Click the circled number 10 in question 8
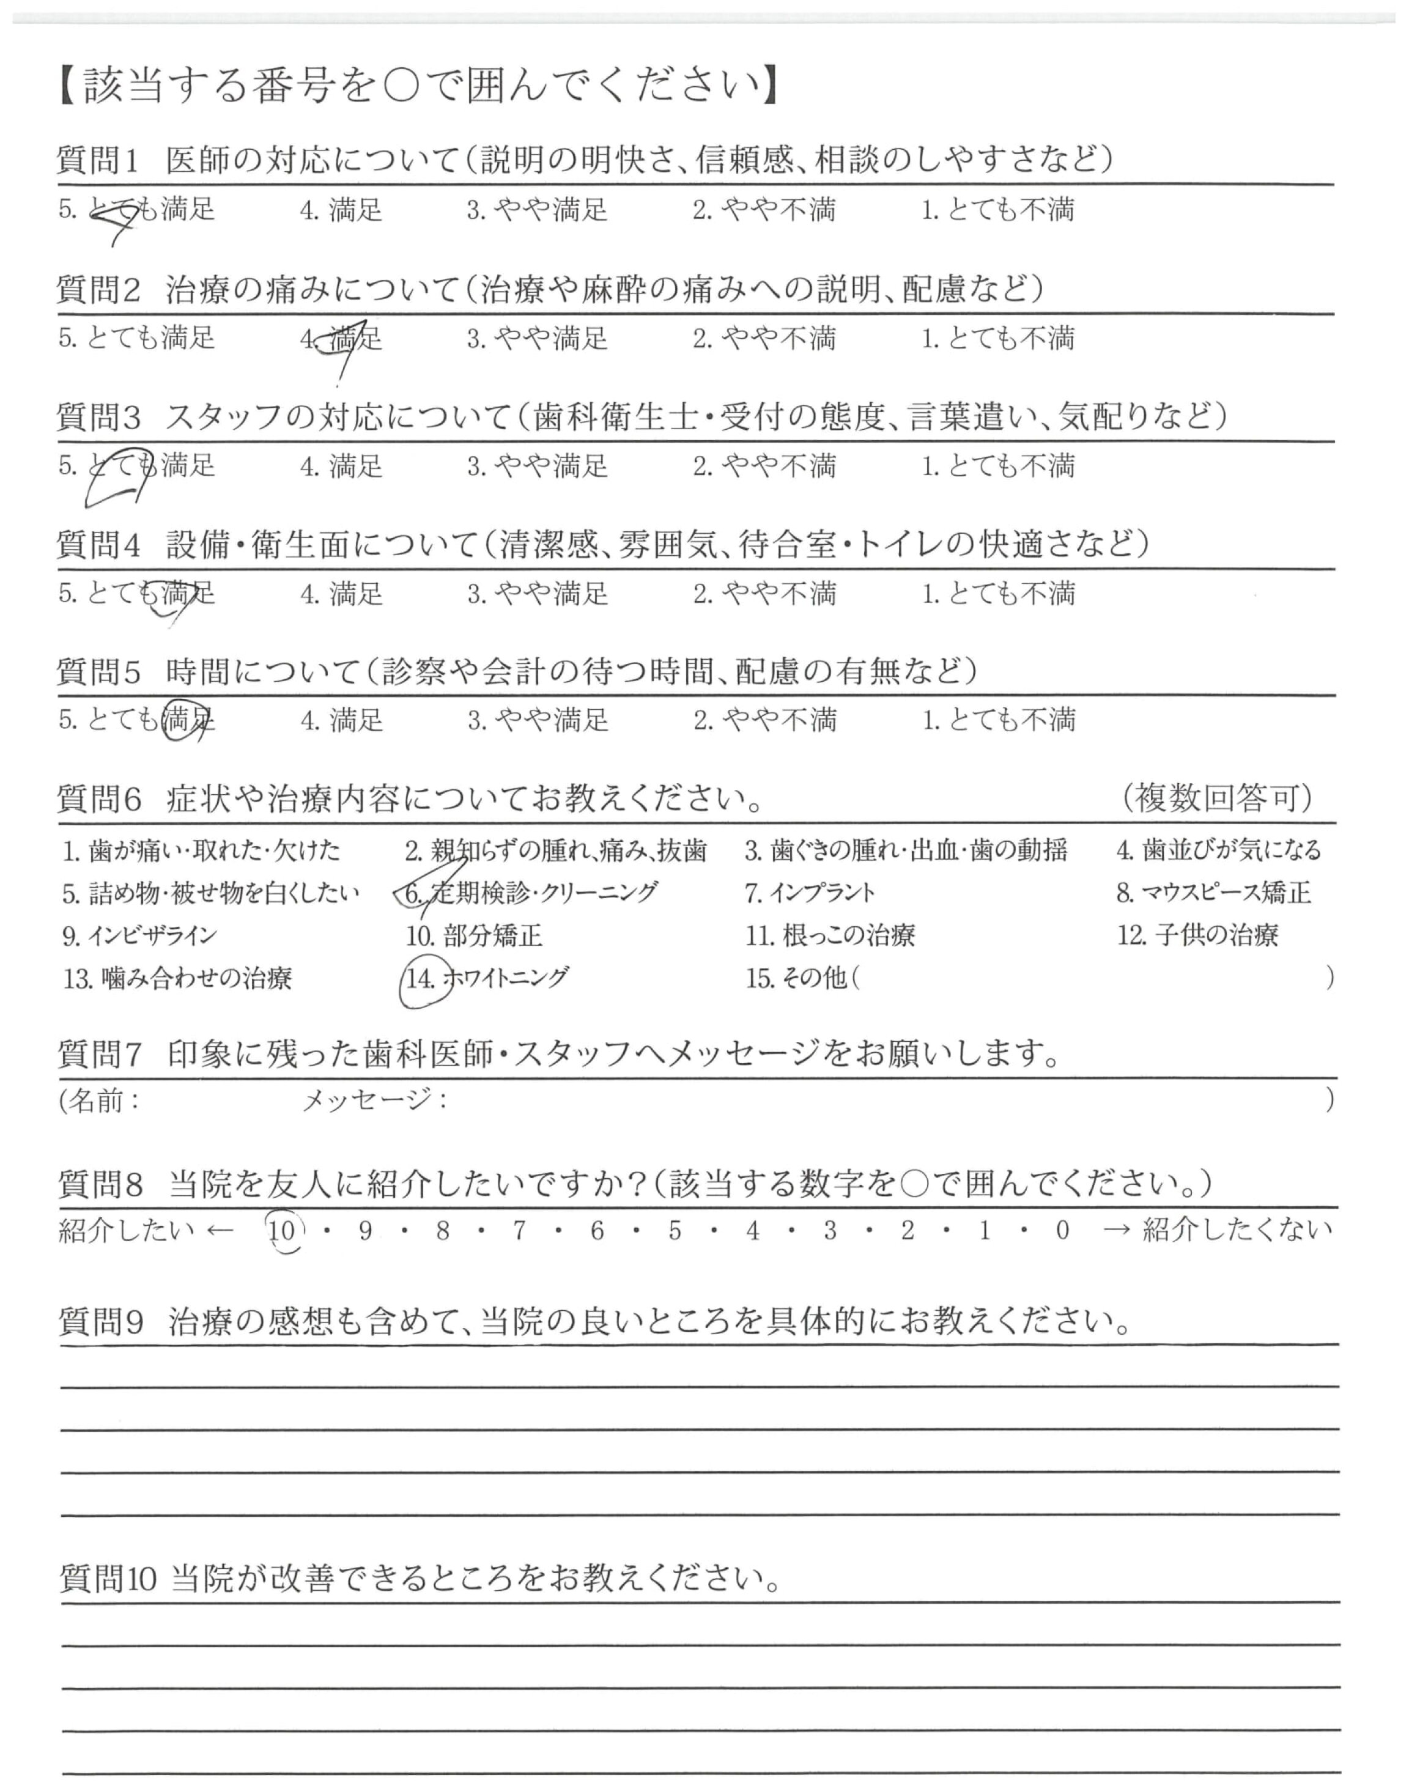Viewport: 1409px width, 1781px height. [x=282, y=1231]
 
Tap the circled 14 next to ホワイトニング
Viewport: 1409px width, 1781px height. [x=421, y=979]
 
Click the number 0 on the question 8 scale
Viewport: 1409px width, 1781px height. [x=1062, y=1231]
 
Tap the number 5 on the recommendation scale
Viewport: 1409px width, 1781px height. [x=675, y=1231]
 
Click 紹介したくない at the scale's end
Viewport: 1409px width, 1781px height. [x=1237, y=1230]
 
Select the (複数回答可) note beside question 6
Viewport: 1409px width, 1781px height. [x=1217, y=797]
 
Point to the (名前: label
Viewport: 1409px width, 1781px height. [x=99, y=1100]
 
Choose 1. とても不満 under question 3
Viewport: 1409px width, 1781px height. [x=998, y=466]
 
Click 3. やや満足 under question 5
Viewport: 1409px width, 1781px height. [x=538, y=721]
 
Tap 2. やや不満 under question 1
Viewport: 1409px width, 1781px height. [x=764, y=210]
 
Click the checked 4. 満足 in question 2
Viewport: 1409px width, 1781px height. [x=342, y=339]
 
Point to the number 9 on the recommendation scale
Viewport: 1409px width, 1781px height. [x=366, y=1231]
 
